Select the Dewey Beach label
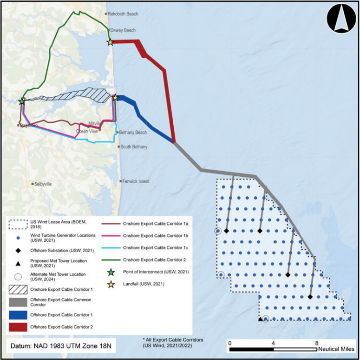123,30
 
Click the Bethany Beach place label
133,133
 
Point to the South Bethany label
134,147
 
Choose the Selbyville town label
43,184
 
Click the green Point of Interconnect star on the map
22,101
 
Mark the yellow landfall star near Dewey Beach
110,42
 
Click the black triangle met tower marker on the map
260,319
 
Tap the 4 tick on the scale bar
273,343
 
